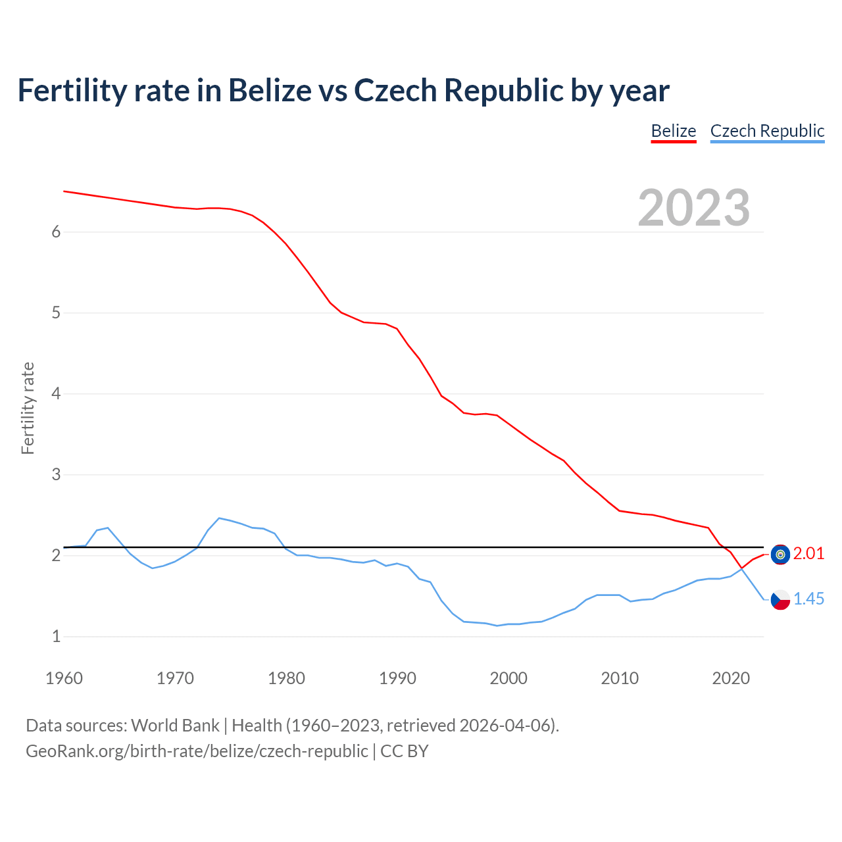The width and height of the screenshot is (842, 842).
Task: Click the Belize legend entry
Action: [674, 131]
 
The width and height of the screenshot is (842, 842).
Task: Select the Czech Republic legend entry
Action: [767, 131]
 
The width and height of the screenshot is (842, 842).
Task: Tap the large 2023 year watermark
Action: [694, 208]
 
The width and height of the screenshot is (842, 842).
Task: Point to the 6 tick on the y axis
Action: [56, 232]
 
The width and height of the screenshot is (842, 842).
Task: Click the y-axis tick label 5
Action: [56, 312]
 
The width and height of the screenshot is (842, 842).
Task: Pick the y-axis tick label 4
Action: [56, 393]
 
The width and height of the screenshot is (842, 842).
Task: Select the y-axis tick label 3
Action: [56, 474]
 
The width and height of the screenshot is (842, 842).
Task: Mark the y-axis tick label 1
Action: [56, 636]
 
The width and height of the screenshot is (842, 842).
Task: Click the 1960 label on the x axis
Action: [64, 678]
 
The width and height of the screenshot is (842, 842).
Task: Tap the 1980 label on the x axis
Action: [286, 678]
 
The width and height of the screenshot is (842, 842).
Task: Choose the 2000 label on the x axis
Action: [508, 678]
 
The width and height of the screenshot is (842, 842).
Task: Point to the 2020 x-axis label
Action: [731, 678]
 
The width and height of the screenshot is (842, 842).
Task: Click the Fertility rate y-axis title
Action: [28, 408]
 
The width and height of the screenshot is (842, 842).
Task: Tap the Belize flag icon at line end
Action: [780, 555]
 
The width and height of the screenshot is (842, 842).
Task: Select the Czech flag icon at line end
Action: [780, 600]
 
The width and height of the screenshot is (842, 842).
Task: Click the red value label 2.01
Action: [808, 554]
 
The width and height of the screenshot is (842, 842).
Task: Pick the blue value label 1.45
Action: [808, 599]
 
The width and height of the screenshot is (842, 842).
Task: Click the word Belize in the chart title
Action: [269, 90]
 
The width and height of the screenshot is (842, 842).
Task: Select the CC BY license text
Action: [405, 751]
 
